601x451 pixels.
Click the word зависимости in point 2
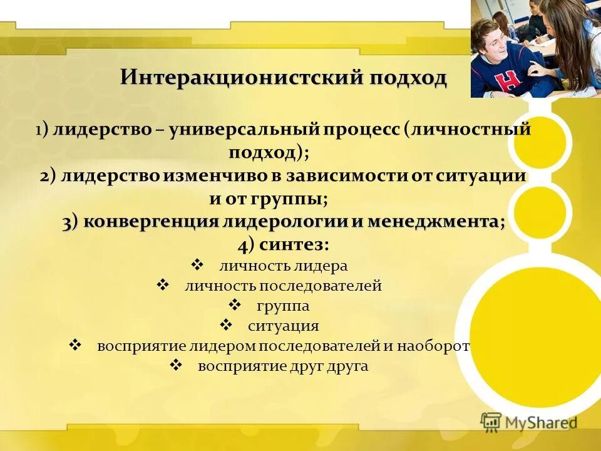click(x=347, y=176)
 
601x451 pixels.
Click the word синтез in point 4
click(x=293, y=244)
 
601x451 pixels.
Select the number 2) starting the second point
click(x=49, y=176)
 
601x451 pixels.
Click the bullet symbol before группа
click(x=235, y=306)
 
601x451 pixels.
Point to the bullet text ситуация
click(x=283, y=326)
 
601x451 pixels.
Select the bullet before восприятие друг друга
click(x=176, y=366)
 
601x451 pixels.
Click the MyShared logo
click(x=529, y=422)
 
